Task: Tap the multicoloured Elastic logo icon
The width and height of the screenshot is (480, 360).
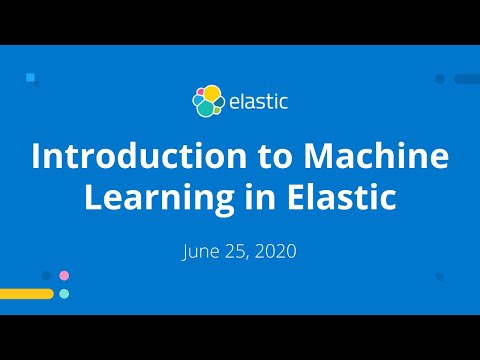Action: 208,100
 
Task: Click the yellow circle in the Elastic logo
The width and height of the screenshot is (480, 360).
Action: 212,93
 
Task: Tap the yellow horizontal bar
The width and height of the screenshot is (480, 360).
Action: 26,294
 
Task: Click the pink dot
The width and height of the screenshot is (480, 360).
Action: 64,275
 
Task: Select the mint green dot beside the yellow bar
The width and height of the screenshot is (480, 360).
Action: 64,294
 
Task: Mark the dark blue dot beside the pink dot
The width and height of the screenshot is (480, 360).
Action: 46,275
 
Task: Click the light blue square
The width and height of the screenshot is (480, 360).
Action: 31,76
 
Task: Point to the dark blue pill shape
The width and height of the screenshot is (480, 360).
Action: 466,78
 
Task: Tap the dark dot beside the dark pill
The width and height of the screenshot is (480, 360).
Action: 440,78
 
